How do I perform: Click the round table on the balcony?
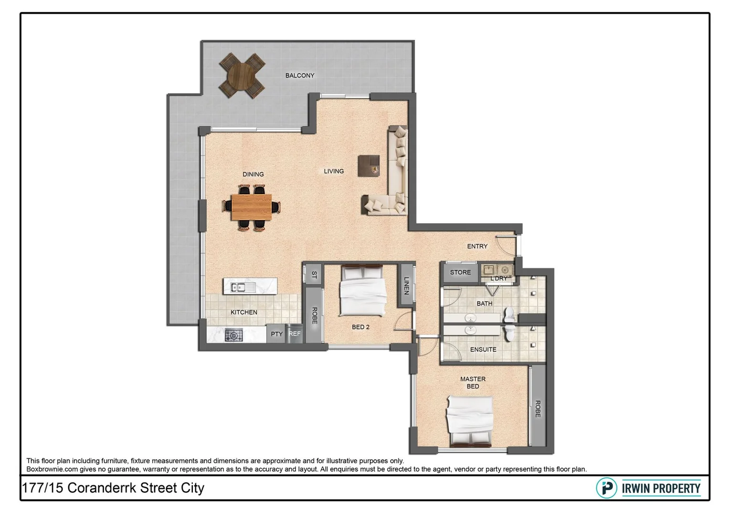(242, 75)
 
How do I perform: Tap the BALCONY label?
(300, 75)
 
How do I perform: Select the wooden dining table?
(251, 207)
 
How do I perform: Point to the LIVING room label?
(334, 171)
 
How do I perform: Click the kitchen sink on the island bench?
(237, 287)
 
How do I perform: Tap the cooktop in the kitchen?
(233, 335)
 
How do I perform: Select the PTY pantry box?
(276, 334)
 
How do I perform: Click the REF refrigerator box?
(295, 334)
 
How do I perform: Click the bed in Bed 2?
(362, 291)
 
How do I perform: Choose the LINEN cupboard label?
(406, 286)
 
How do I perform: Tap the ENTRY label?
(477, 246)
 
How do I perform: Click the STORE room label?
(460, 272)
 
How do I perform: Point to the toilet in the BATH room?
(509, 315)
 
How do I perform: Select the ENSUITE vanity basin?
(471, 330)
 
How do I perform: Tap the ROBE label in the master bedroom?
(538, 408)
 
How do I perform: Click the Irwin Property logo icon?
(606, 488)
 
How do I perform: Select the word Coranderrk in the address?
(102, 488)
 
